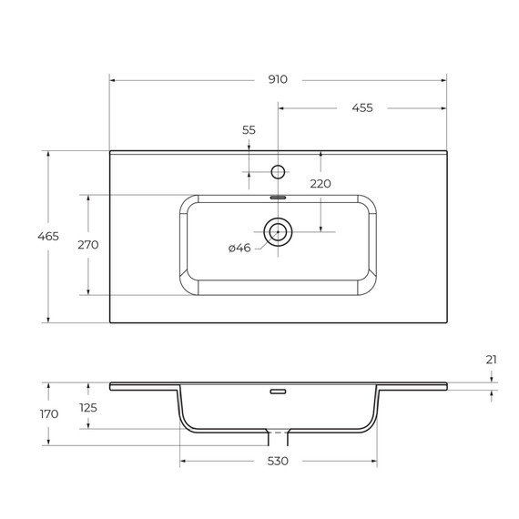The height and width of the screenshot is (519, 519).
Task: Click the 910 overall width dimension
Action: (278, 79)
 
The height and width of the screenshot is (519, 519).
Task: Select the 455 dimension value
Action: (361, 107)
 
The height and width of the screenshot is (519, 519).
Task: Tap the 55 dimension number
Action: (249, 130)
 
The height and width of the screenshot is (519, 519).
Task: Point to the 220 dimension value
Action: (321, 183)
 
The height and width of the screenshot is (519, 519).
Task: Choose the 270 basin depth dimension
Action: (88, 244)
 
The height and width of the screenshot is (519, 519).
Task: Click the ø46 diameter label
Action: (239, 248)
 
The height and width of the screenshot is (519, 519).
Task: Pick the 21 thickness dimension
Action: (492, 360)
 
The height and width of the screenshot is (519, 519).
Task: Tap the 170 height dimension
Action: (48, 413)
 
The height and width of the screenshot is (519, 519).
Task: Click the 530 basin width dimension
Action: (278, 462)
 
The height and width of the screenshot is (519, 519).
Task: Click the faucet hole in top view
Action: (279, 170)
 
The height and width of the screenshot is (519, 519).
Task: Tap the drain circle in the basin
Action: (278, 232)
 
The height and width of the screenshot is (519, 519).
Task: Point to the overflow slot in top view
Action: (278, 197)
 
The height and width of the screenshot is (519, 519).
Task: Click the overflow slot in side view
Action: (278, 392)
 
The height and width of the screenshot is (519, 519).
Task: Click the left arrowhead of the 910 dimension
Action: (114, 79)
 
